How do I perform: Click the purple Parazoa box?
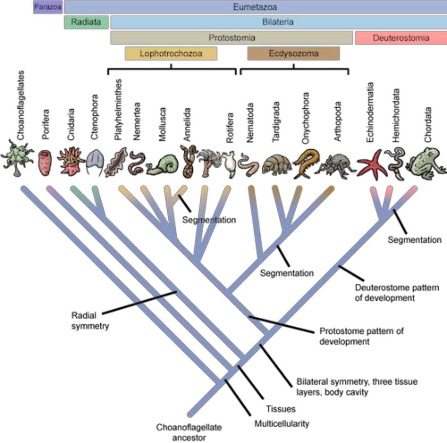pos(48,7)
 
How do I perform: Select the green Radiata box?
pos(86,22)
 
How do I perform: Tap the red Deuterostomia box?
pos(401,38)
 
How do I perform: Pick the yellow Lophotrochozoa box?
pos(171,53)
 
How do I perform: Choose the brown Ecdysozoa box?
pos(293,53)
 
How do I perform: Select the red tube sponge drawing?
pos(45,163)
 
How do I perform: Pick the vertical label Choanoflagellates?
pos(21,105)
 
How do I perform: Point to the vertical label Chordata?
pos(427,125)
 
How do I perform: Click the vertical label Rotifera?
pos(229,128)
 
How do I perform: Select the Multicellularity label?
pos(282,424)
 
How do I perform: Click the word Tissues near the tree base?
pos(281,409)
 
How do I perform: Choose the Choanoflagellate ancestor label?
pos(189,432)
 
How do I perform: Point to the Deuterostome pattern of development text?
pos(396,293)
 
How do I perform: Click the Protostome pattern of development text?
pos(361,336)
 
